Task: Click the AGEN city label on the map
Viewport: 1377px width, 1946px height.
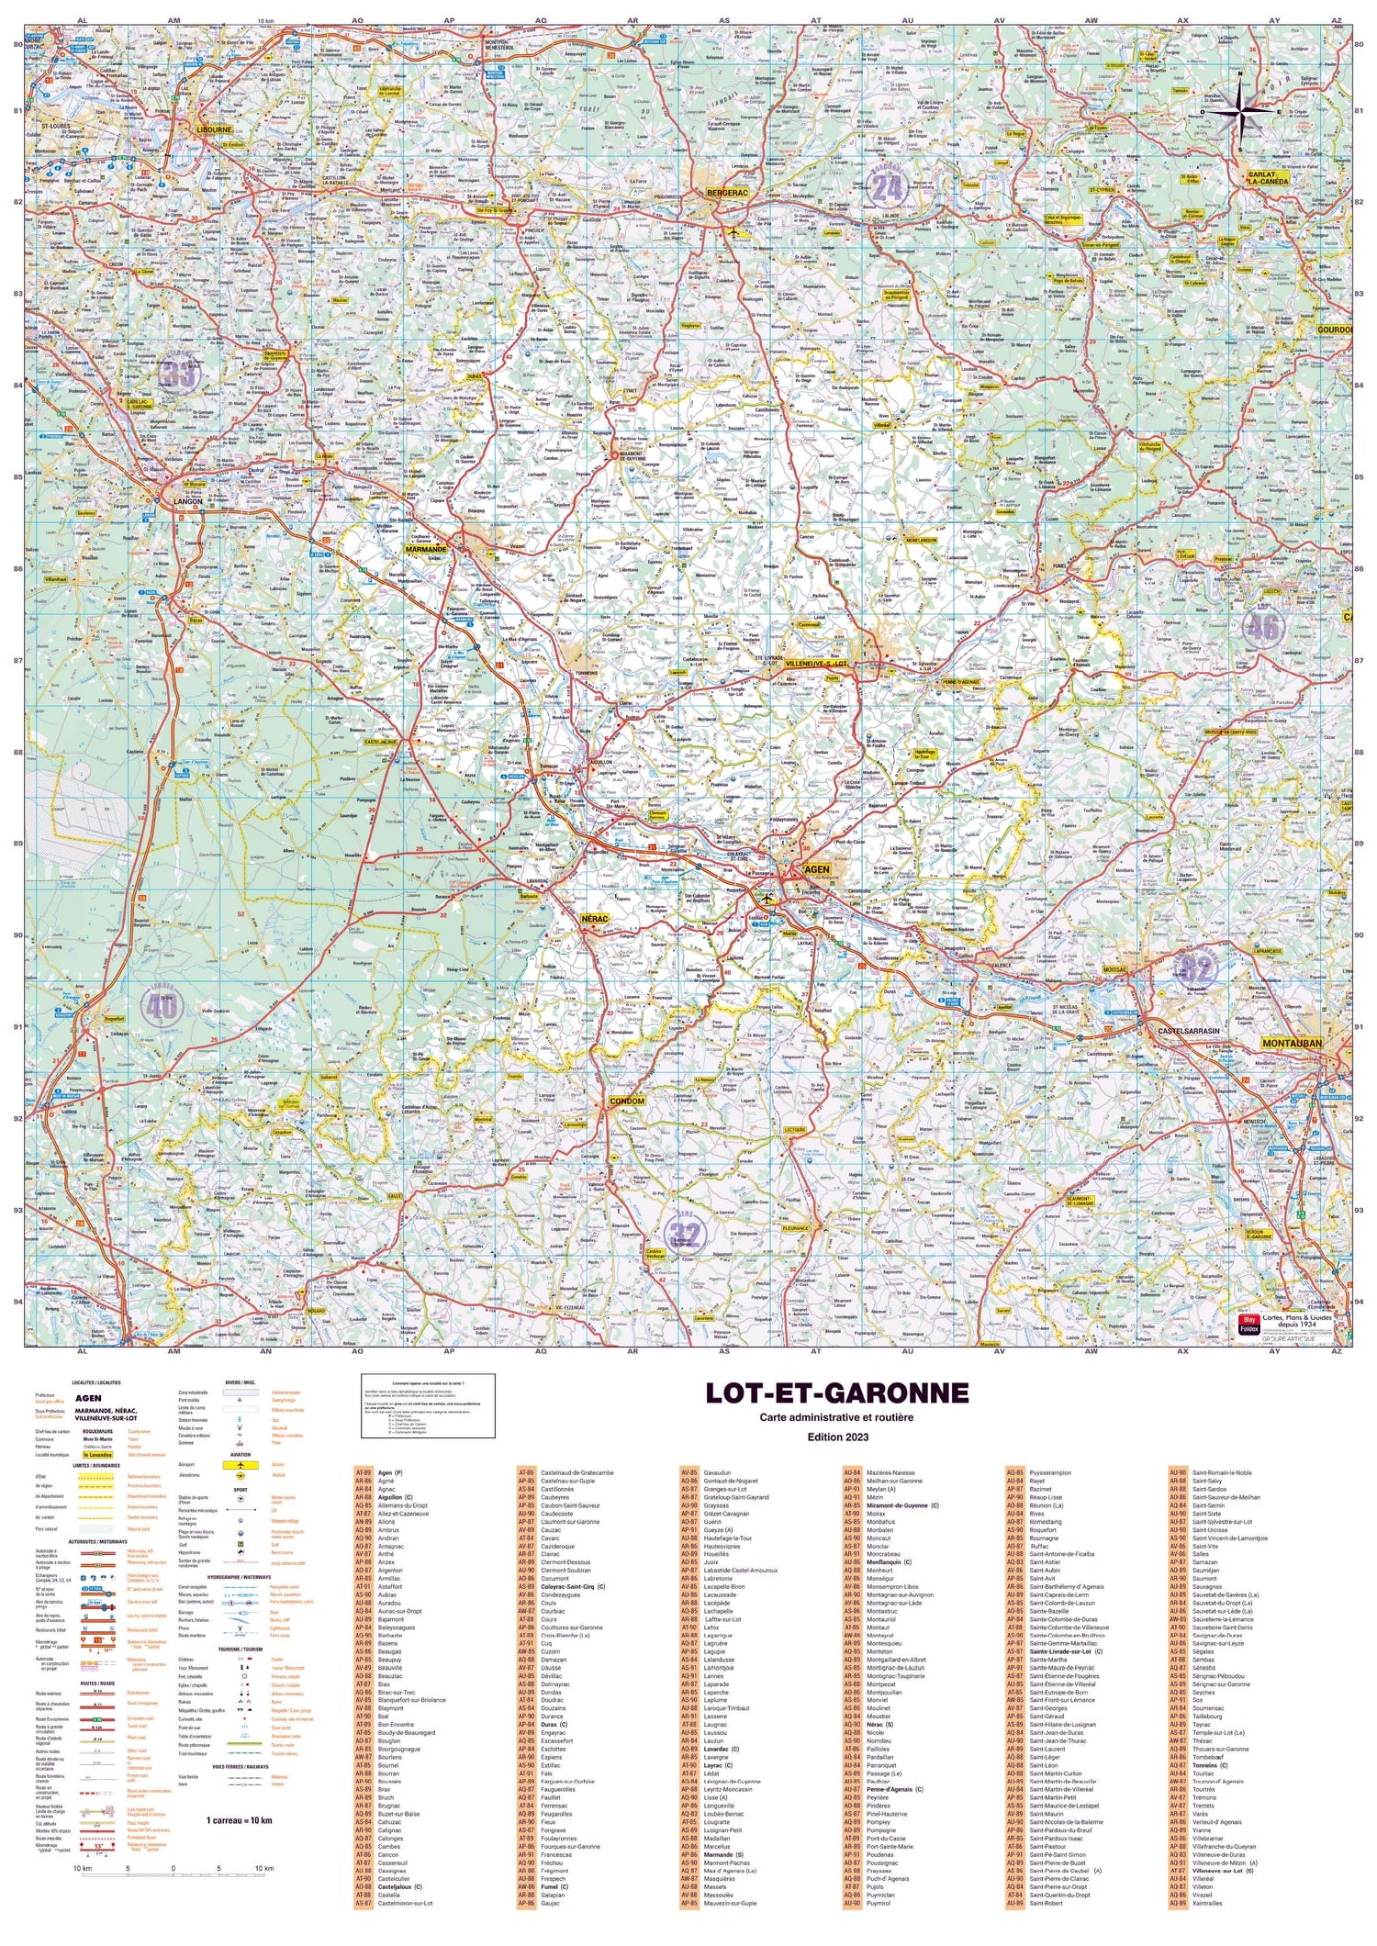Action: (x=815, y=868)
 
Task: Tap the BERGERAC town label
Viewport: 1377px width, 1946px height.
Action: (x=728, y=194)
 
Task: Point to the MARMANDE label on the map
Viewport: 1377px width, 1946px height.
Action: (x=426, y=549)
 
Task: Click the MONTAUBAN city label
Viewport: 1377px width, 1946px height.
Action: (x=1292, y=1043)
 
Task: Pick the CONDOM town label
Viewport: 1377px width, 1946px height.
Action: (x=628, y=1101)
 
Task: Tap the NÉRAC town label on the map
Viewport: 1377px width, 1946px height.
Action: (x=596, y=918)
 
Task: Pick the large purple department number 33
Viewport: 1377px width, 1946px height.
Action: (x=179, y=374)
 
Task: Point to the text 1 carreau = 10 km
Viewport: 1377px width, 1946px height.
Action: (x=239, y=1819)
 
